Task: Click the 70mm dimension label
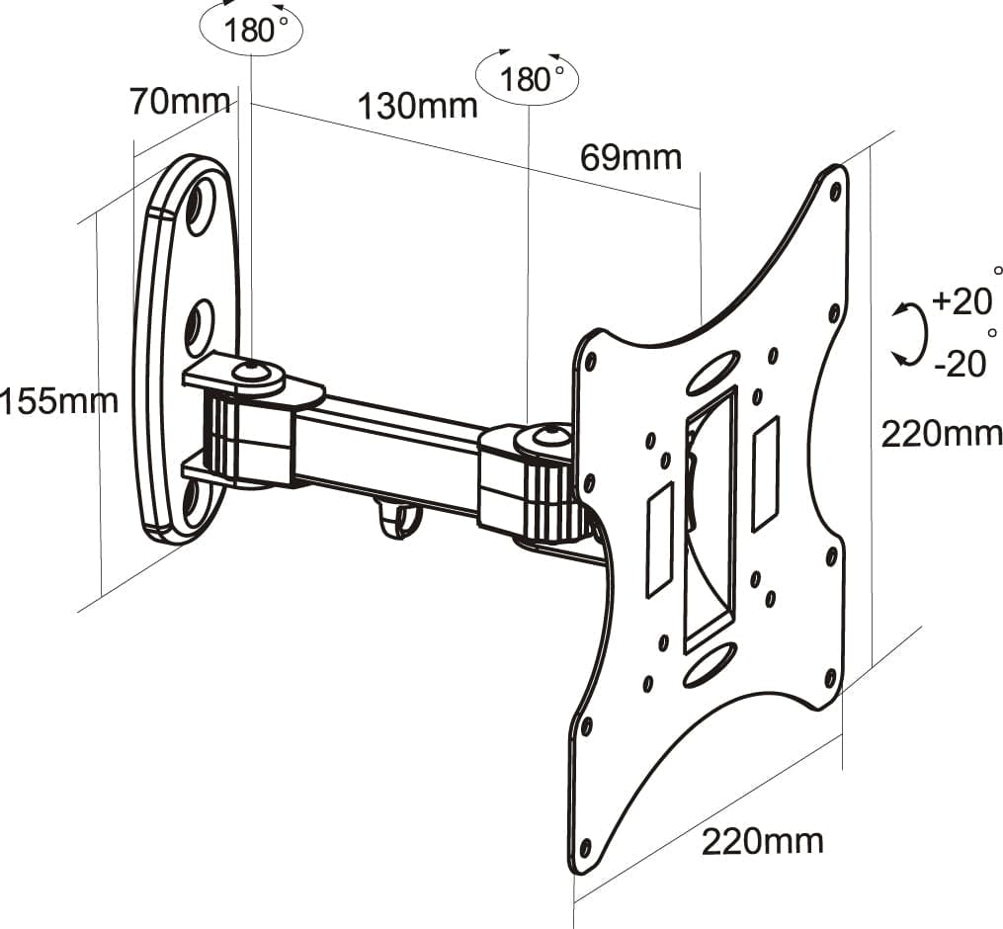pos(180,101)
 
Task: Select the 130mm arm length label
pos(417,106)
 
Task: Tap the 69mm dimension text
pos(630,157)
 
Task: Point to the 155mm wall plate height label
pos(59,401)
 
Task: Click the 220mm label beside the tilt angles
pos(941,433)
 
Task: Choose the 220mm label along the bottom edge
pos(762,841)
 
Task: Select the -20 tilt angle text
pos(959,364)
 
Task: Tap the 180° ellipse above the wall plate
pos(251,28)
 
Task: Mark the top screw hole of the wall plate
pos(201,207)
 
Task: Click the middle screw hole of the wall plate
pos(199,323)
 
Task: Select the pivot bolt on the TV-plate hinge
pos(546,435)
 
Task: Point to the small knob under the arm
pos(397,518)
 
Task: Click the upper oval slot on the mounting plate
pos(712,372)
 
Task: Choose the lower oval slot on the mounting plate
pos(709,664)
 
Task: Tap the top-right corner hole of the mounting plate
pos(836,188)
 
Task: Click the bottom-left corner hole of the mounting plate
pos(585,848)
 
